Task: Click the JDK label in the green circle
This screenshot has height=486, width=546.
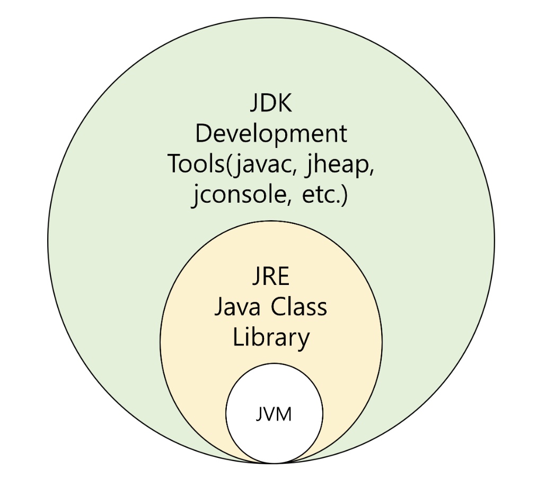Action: (271, 103)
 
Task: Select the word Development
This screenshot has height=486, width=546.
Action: (271, 134)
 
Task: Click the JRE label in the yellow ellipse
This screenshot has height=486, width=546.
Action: (271, 277)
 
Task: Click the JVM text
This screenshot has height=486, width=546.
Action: (274, 414)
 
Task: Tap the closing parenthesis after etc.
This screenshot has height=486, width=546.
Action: (344, 197)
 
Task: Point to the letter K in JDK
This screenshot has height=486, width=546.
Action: (284, 103)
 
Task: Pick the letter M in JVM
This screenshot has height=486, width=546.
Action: (284, 414)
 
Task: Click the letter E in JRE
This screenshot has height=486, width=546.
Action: (285, 277)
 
